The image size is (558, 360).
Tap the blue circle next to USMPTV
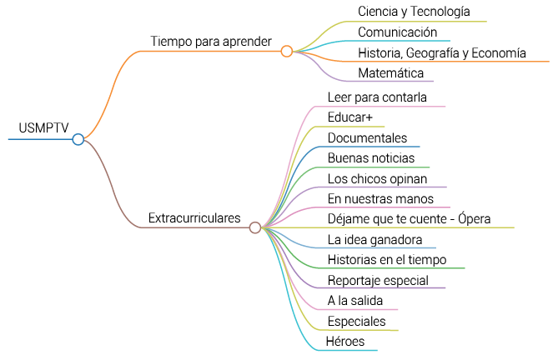78,139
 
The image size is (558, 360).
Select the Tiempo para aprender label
211,41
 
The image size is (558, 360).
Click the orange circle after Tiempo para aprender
287,51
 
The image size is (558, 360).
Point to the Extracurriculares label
194,218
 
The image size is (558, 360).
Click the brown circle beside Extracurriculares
255,227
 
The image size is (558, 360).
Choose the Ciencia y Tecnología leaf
414,12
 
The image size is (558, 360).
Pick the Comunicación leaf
397,32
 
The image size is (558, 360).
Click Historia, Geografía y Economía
441,53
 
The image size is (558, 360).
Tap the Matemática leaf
391,73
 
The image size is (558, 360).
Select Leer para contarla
377,97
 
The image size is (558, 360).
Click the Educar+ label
350,117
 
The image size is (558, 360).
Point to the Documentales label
367,137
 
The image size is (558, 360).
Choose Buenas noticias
371,157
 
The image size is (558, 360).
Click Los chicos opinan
377,178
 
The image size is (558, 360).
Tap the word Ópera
471,219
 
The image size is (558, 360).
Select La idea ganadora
375,240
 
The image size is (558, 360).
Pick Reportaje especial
378,280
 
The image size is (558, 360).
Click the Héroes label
344,342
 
